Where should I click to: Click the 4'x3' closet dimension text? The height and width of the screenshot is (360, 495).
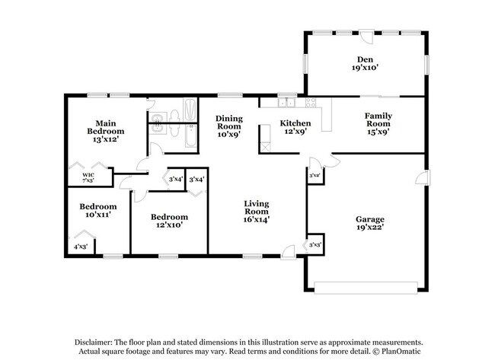[x=80, y=247]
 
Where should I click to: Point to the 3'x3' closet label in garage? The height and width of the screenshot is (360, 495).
[x=315, y=245]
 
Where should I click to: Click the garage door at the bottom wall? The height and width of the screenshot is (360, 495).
[x=366, y=288]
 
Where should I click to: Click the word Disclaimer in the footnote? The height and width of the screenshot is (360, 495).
[x=95, y=342]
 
